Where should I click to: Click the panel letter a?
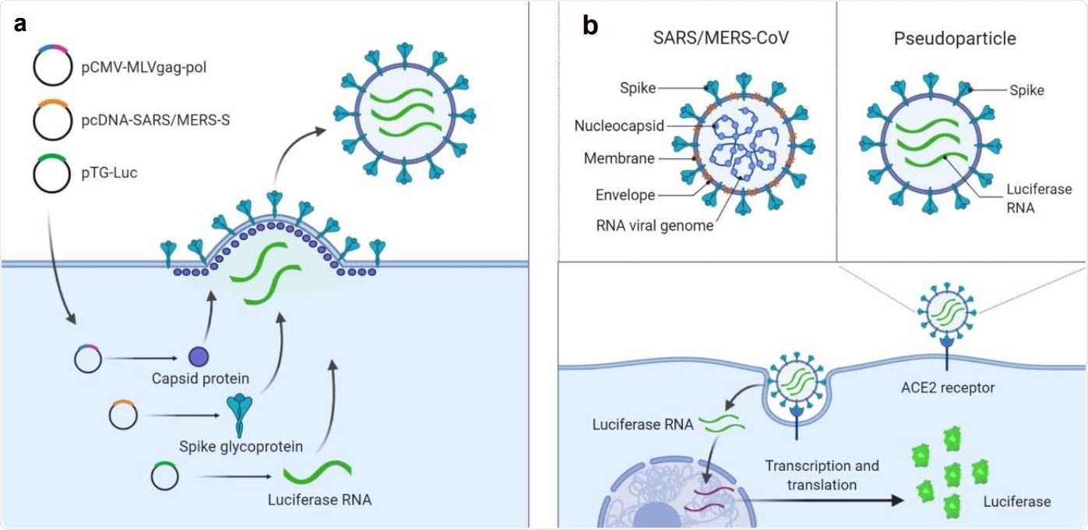coord(20,23)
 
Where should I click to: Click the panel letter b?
coord(590,26)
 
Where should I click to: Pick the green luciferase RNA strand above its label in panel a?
coord(317,472)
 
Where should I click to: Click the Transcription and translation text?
coord(821,475)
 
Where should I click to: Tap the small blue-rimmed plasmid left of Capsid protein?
coord(86,359)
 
